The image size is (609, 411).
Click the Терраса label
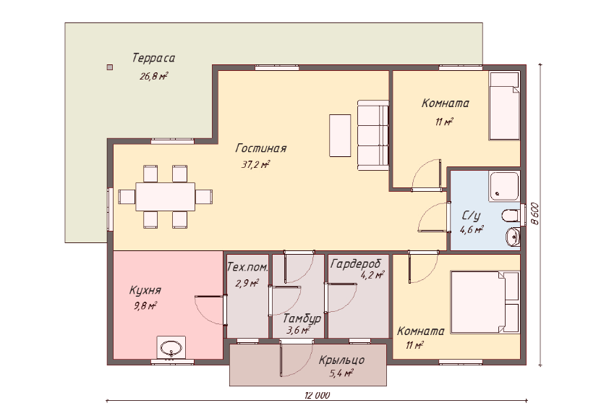153,58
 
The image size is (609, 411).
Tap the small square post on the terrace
110,67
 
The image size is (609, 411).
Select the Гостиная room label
261,148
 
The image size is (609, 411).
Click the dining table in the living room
165,197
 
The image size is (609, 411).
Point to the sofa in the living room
373,135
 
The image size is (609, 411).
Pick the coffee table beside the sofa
340,135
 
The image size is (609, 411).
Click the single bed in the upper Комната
504,106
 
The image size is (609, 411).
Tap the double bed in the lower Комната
485,302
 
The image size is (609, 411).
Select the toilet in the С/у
511,215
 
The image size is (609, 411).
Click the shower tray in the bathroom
504,186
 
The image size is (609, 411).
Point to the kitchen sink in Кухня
171,348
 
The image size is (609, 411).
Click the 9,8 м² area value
145,306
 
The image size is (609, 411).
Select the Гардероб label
356,264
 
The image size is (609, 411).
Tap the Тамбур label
302,318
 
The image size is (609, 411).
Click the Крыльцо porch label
341,360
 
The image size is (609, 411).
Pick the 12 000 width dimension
318,396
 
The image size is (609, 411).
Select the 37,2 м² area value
255,165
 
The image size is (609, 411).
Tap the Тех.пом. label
247,267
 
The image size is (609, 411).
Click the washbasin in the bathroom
512,236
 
